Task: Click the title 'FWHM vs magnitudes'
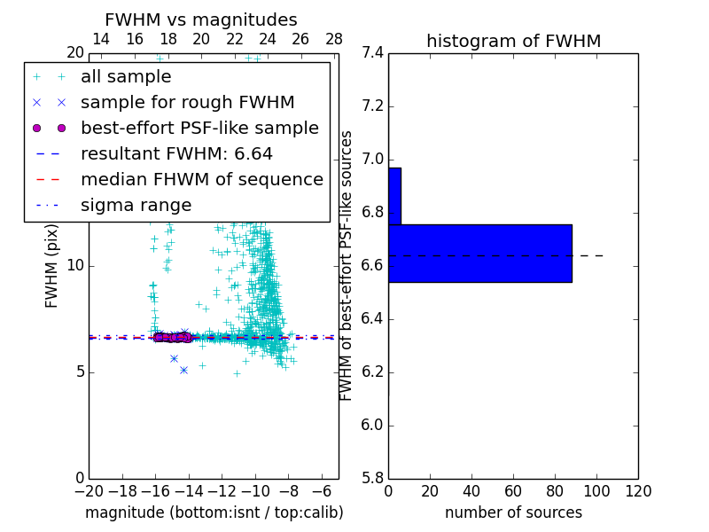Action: coord(201,20)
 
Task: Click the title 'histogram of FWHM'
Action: coord(513,41)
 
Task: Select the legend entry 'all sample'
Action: coord(126,77)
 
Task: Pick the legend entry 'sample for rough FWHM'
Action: coord(187,103)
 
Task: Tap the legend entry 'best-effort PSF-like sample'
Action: coord(199,129)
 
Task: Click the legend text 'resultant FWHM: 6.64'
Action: coord(176,154)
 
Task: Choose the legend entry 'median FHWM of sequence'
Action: coord(201,180)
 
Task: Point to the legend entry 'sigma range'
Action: coord(136,206)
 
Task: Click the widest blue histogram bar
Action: coord(479,253)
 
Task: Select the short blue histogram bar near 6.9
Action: coord(394,196)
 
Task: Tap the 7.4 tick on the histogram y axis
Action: coord(372,53)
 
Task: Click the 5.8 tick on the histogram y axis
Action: coord(372,478)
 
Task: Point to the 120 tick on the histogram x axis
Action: coord(638,491)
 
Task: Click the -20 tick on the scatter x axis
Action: coord(89,491)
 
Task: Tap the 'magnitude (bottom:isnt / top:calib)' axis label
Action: coord(214,512)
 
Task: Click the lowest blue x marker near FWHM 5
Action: coord(183,370)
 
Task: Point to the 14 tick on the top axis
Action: coord(101,39)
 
